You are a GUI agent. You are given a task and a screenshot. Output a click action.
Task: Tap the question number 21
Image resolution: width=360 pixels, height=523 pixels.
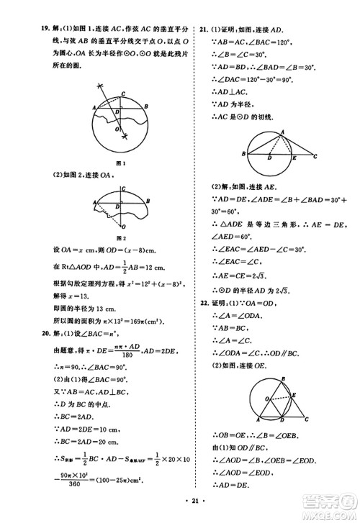204,29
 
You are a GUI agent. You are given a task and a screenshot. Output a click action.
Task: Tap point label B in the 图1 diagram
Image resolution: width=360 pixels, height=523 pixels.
147,105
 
